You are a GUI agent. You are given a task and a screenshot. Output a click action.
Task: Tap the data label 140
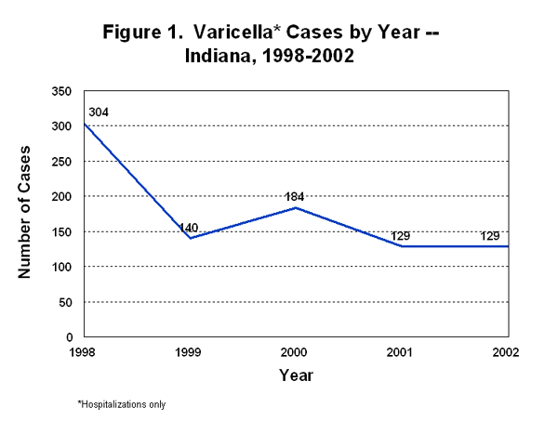pyautogui.click(x=191, y=227)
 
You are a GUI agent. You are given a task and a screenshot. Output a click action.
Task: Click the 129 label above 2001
pyautogui.click(x=402, y=236)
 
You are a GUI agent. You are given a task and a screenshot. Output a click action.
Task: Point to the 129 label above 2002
pyautogui.click(x=490, y=236)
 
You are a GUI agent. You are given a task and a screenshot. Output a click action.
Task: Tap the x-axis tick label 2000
pyautogui.click(x=296, y=353)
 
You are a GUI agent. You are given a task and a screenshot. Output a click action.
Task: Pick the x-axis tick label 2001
pyautogui.click(x=402, y=353)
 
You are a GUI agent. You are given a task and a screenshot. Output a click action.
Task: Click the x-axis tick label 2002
pyautogui.click(x=507, y=353)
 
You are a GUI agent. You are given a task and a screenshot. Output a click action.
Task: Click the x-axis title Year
pyautogui.click(x=296, y=375)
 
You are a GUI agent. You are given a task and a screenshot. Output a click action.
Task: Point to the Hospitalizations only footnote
pyautogui.click(x=121, y=404)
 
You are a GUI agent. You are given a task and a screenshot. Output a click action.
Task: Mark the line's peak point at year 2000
pyautogui.click(x=296, y=207)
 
